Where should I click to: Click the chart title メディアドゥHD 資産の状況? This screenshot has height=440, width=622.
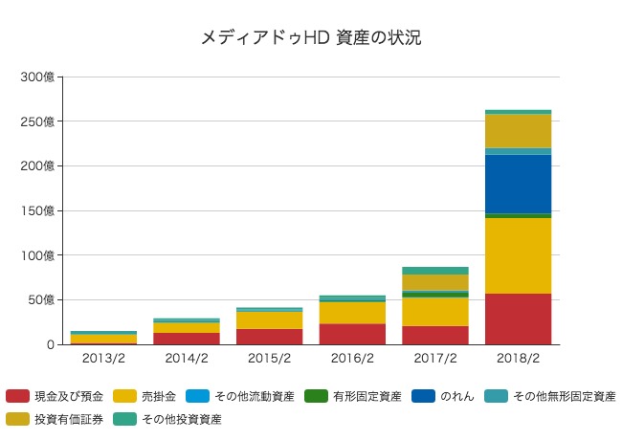coord(311,38)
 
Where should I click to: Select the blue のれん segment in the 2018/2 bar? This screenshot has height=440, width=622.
coord(518,184)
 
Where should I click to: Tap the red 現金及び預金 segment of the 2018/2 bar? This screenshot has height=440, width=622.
coord(518,319)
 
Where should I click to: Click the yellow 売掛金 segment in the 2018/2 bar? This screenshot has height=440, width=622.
coord(518,255)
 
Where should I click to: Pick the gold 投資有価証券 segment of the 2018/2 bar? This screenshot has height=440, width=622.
coord(518,131)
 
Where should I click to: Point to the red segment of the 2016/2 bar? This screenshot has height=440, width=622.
coord(352,334)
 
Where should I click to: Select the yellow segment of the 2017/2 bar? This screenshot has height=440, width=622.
coord(435,312)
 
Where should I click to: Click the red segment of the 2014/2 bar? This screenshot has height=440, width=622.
coord(186,339)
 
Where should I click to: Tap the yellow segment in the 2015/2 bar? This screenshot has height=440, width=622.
coord(269,320)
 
